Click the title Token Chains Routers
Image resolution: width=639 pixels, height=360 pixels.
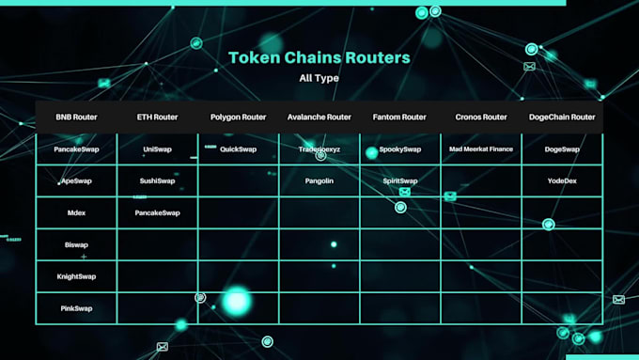tap(319, 57)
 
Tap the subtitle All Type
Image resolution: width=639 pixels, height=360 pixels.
tap(319, 78)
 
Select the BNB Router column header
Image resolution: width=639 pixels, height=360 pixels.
tap(76, 117)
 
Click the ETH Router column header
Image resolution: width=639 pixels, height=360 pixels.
tap(157, 117)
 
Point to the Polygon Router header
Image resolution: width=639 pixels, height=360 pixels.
tap(238, 117)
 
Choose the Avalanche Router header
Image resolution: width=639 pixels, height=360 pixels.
tap(319, 117)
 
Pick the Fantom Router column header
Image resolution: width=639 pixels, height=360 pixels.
tap(399, 117)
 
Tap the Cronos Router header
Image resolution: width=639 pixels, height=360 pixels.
tap(481, 117)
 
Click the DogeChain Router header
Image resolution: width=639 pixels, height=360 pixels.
tap(562, 117)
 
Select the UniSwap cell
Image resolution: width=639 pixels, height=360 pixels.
tap(157, 149)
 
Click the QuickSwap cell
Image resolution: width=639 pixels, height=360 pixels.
tap(238, 149)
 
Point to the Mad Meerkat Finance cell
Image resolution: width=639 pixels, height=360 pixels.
tap(481, 149)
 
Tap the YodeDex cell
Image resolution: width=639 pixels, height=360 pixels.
tap(562, 180)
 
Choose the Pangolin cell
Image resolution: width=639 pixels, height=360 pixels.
tap(319, 180)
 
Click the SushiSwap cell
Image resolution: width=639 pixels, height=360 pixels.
tap(157, 180)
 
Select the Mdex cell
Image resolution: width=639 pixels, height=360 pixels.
tap(76, 213)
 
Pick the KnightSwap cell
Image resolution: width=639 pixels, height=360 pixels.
tap(76, 277)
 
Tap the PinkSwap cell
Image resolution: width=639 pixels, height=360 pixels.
tap(76, 308)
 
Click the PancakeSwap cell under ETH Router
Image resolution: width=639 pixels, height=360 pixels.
tap(157, 213)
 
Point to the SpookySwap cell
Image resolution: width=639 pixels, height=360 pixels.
tap(399, 149)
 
